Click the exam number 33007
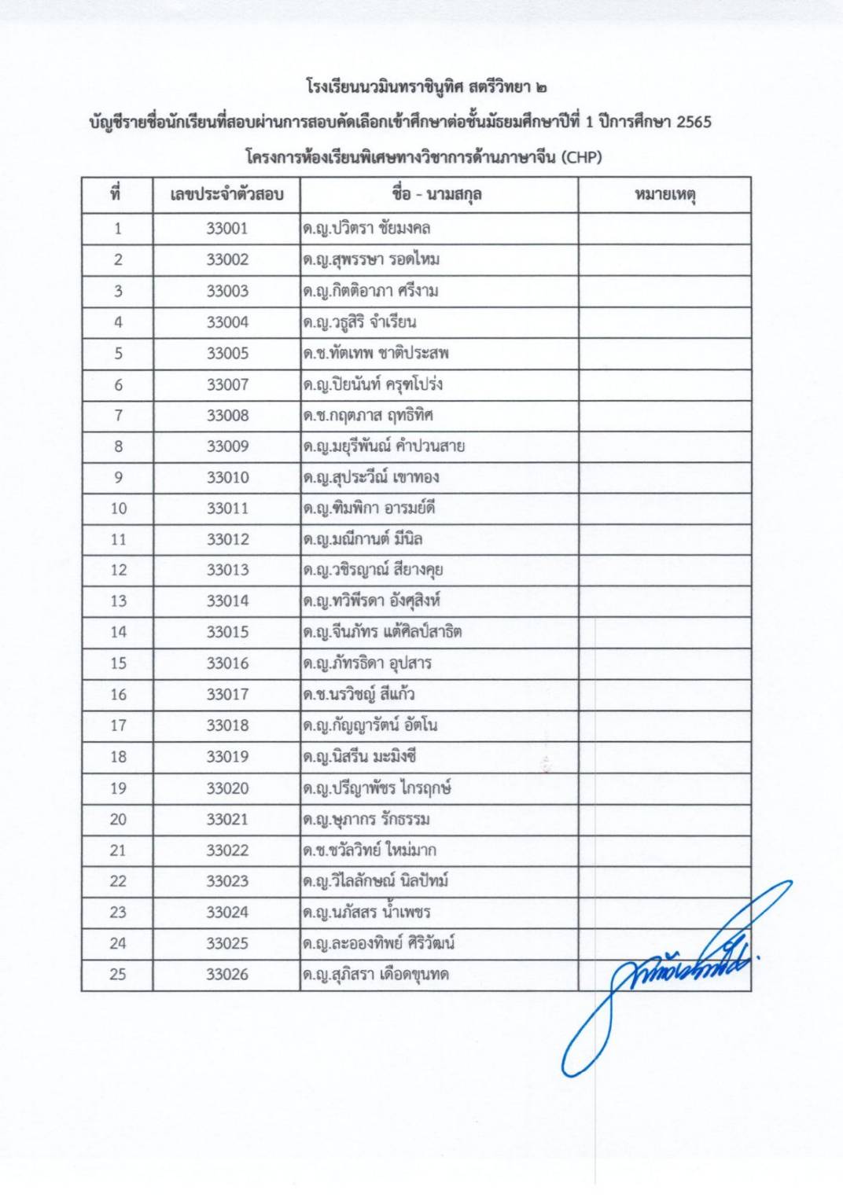[x=227, y=384]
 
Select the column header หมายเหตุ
[x=664, y=195]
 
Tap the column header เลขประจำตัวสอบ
[x=226, y=195]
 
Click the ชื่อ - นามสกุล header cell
[x=437, y=195]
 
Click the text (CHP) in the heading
[x=581, y=156]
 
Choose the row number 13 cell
[x=118, y=601]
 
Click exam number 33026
[x=227, y=975]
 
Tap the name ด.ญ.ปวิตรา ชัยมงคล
[x=366, y=229]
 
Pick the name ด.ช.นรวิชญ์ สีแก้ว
[x=359, y=695]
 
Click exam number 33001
[x=227, y=229]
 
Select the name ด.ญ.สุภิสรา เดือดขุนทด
[x=376, y=975]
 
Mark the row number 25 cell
[x=118, y=975]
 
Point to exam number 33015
[x=227, y=632]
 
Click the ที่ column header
[x=116, y=195]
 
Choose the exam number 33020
[x=227, y=788]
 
